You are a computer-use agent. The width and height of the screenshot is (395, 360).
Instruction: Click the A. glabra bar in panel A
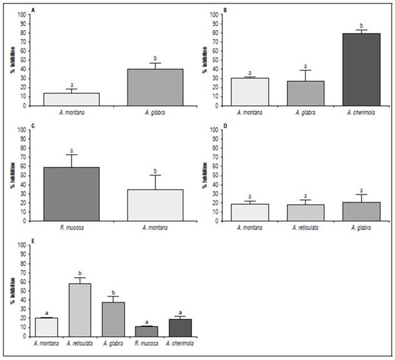[x=154, y=87]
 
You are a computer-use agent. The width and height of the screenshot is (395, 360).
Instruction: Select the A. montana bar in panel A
[x=71, y=99]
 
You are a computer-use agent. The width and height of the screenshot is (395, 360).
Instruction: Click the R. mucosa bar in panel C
[x=71, y=194]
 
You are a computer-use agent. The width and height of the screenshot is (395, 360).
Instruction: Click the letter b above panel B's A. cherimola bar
[x=362, y=25]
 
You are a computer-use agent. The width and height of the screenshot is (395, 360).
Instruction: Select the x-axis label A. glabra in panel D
[x=362, y=228]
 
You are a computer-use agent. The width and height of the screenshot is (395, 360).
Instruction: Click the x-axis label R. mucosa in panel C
[x=71, y=228]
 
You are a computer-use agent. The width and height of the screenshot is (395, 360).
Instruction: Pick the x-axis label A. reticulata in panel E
[x=80, y=343]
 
